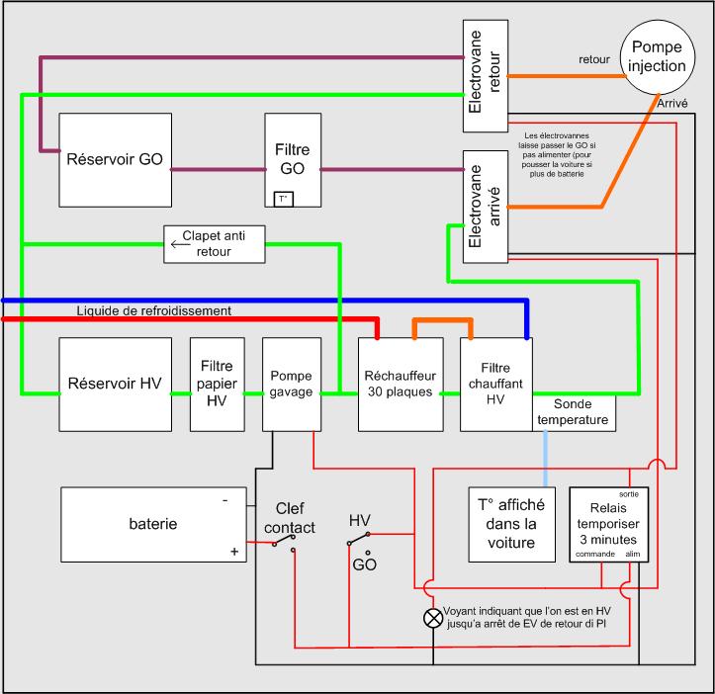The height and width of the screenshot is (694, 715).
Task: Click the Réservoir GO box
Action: click(x=116, y=160)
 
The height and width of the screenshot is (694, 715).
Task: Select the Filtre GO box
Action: click(x=293, y=160)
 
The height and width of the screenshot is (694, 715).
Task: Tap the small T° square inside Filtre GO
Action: click(x=283, y=200)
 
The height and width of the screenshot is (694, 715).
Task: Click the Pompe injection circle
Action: click(x=658, y=57)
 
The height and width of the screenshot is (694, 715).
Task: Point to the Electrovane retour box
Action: click(x=486, y=76)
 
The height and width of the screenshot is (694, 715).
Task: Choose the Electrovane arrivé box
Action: click(x=486, y=207)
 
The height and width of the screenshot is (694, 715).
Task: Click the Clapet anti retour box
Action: click(x=215, y=244)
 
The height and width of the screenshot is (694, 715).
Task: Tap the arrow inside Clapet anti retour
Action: click(x=180, y=244)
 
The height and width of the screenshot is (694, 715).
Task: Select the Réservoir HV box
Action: click(x=116, y=385)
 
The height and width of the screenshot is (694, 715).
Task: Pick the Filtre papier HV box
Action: click(x=217, y=385)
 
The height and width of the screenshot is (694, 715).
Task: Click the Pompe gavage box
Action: click(x=292, y=385)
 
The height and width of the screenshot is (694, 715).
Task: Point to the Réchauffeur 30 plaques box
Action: click(x=401, y=385)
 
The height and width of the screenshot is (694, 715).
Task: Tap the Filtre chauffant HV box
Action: click(x=496, y=385)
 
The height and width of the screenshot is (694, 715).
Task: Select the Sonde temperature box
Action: click(x=575, y=412)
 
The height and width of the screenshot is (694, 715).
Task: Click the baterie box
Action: click(x=153, y=524)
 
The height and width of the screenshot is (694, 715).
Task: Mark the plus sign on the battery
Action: click(x=234, y=552)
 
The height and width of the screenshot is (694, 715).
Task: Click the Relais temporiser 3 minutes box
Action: click(x=609, y=524)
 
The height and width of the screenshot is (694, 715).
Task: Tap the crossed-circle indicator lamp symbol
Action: click(x=433, y=618)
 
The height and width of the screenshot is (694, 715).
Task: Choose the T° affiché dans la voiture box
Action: click(x=512, y=524)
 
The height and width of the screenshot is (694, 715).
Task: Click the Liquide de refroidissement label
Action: click(x=153, y=310)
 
